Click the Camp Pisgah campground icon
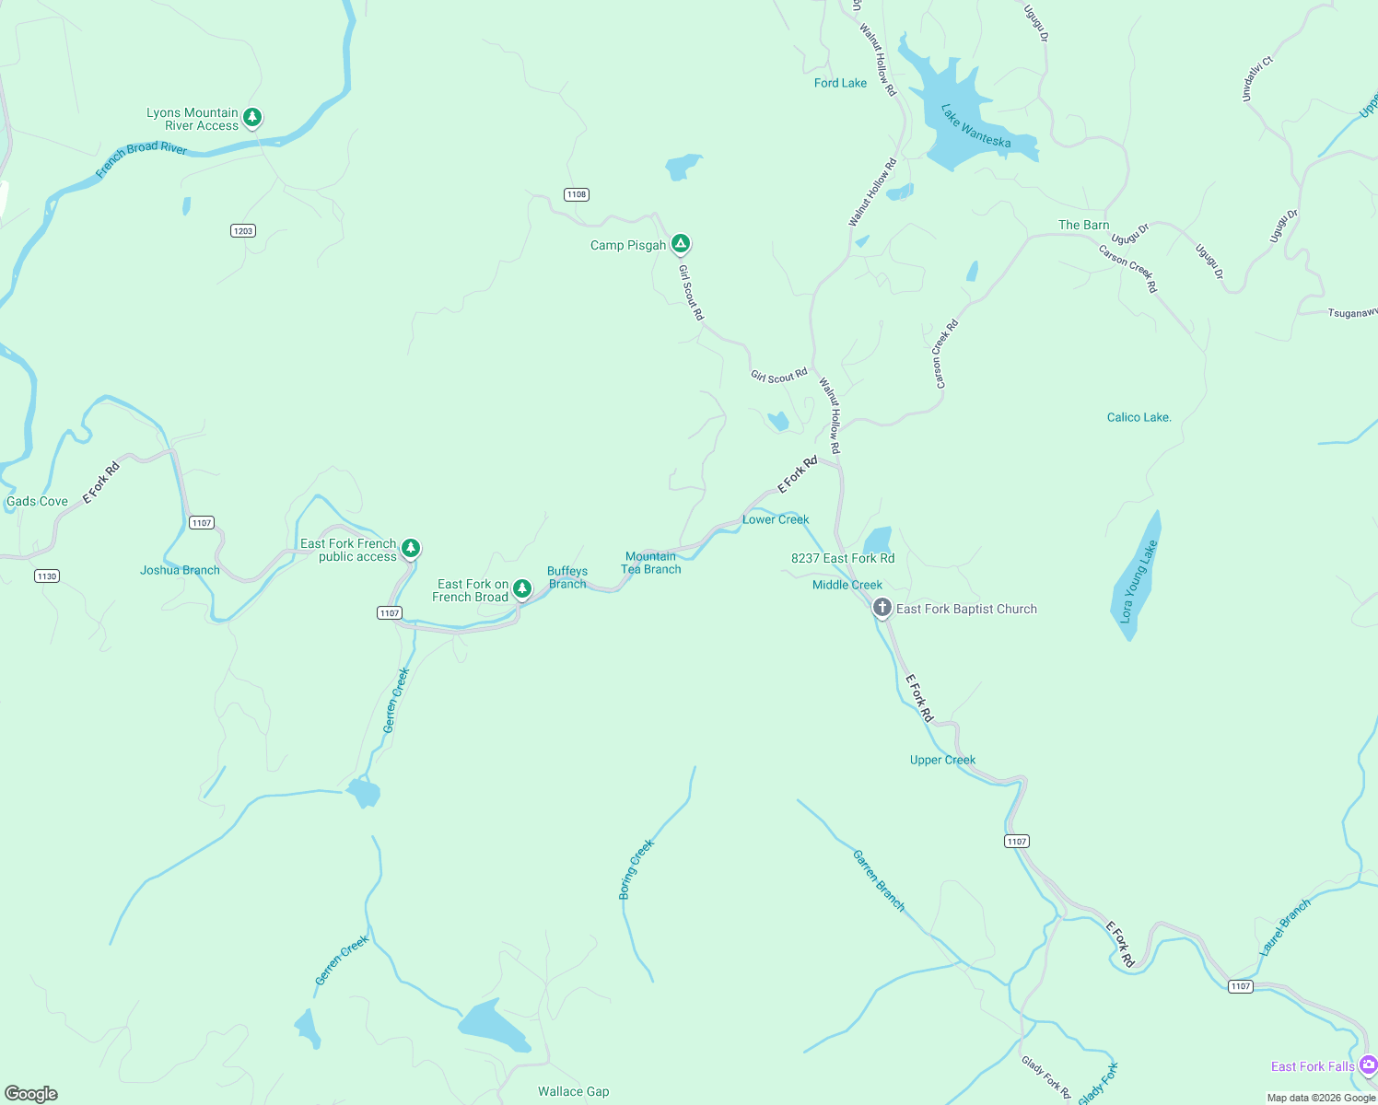tap(681, 244)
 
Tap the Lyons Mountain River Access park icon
tap(252, 118)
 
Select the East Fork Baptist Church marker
tap(882, 608)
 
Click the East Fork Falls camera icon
tap(1368, 1064)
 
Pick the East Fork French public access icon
tap(411, 549)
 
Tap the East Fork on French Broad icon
tap(522, 588)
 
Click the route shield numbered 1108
tap(577, 194)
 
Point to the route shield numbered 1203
tap(243, 231)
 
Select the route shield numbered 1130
tap(47, 576)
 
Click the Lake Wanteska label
tap(975, 126)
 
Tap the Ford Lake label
tap(840, 83)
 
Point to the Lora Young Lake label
tap(1138, 582)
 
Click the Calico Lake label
tap(1139, 418)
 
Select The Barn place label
tap(1083, 225)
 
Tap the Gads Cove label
tap(37, 502)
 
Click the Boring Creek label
tap(636, 869)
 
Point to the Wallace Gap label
tap(573, 1091)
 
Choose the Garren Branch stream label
tap(879, 881)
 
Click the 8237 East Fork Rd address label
tap(843, 558)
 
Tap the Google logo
tap(31, 1094)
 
